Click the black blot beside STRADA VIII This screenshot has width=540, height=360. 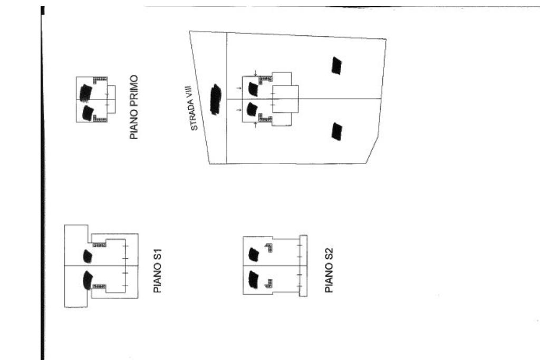215,99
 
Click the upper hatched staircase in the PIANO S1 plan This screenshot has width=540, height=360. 100,245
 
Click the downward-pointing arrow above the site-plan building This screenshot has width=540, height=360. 256,73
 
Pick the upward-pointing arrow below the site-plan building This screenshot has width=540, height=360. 256,124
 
